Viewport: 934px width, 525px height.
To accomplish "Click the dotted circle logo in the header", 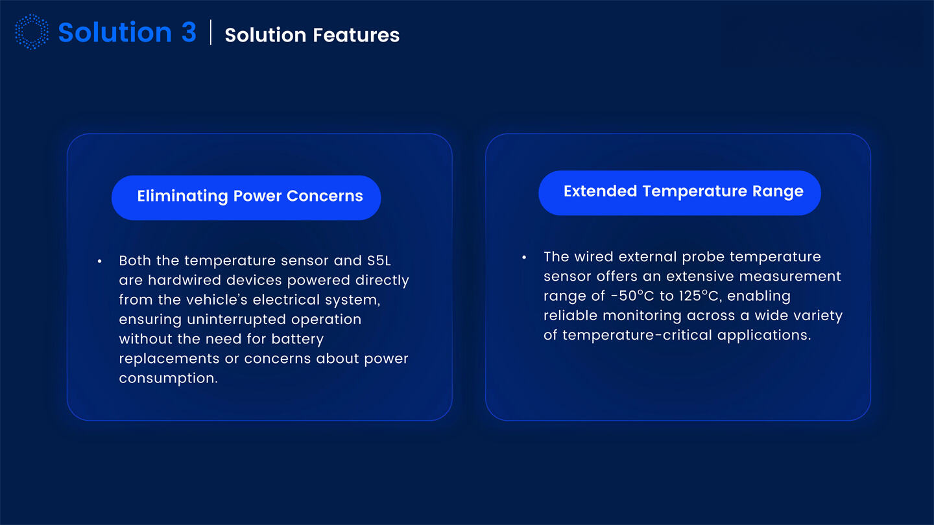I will (32, 32).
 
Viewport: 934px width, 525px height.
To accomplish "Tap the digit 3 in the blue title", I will (188, 32).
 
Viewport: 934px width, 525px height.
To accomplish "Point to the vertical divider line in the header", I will (211, 32).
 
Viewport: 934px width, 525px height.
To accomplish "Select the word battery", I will (297, 339).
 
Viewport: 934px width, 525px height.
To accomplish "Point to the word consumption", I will (168, 379).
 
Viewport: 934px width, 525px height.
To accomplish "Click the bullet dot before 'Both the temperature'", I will (99, 261).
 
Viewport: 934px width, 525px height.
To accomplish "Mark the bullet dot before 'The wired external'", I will (524, 257).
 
